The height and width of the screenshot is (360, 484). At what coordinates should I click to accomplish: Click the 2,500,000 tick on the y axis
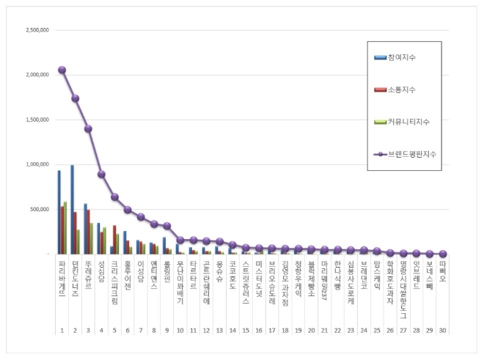(36, 31)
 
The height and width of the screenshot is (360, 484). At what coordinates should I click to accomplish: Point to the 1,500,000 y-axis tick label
(36, 120)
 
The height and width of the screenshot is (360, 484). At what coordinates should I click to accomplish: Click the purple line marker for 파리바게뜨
(62, 70)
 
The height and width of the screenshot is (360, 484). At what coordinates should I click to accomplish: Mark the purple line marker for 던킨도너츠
(76, 98)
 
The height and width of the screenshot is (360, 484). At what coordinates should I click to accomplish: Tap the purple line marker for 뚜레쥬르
(89, 128)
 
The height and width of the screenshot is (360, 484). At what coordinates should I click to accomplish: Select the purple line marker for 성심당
(102, 175)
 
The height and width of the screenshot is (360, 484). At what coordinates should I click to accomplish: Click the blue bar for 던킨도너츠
(72, 210)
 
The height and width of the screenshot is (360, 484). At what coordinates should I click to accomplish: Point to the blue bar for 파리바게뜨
(59, 213)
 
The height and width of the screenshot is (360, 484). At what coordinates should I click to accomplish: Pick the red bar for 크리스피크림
(114, 240)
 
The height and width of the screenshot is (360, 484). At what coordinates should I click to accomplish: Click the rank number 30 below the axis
(443, 330)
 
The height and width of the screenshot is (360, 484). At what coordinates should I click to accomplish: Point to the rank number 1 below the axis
(62, 330)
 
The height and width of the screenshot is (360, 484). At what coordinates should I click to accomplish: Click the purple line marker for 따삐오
(443, 254)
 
